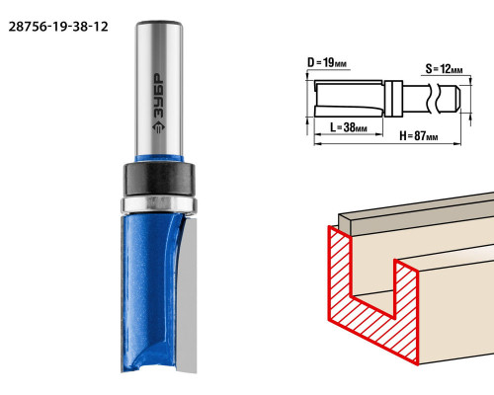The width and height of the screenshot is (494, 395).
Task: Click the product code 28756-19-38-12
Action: [58, 27]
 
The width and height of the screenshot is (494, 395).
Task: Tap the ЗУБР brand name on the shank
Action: [159, 96]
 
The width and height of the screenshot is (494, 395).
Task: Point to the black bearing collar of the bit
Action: [159, 179]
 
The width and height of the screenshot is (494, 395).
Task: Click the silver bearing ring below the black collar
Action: [159, 204]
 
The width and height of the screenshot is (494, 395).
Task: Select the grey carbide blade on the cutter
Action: [187, 294]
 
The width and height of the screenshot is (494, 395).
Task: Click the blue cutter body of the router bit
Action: [148, 293]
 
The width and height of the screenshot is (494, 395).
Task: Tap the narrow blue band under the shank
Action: [159, 158]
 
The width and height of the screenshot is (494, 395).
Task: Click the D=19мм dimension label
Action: [327, 62]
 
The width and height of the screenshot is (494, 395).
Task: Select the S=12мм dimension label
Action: [444, 69]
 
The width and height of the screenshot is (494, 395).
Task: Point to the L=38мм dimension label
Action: [349, 127]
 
